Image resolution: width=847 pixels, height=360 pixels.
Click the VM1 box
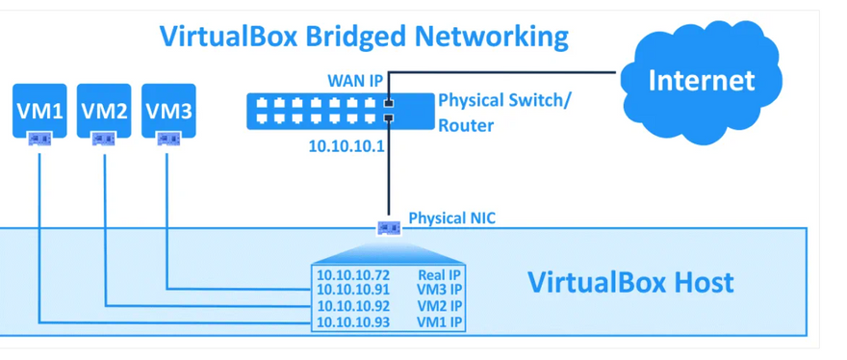[39, 111]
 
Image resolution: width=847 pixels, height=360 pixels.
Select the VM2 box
[104, 111]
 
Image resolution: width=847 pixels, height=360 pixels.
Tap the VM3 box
[168, 111]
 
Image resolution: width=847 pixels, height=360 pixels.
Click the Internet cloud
[701, 82]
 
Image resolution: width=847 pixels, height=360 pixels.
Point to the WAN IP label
[355, 81]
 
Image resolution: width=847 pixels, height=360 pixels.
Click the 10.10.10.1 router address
[346, 145]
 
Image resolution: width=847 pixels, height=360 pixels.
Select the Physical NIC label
[451, 219]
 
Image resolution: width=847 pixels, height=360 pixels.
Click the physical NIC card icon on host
[389, 228]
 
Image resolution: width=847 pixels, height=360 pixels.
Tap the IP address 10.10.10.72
[353, 274]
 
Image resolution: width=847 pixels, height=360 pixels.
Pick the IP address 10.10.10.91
[353, 290]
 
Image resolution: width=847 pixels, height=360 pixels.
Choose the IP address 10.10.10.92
[353, 306]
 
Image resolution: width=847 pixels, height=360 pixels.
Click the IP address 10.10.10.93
[353, 322]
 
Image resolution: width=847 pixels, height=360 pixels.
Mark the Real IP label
[440, 274]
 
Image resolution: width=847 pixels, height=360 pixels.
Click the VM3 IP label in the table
[440, 290]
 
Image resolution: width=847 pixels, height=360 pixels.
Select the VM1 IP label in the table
[440, 322]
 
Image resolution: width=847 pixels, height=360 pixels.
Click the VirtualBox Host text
[630, 283]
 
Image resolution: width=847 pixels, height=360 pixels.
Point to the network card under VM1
[39, 140]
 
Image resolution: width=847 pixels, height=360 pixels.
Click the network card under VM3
[167, 140]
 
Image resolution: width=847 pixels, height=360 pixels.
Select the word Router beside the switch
[466, 126]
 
